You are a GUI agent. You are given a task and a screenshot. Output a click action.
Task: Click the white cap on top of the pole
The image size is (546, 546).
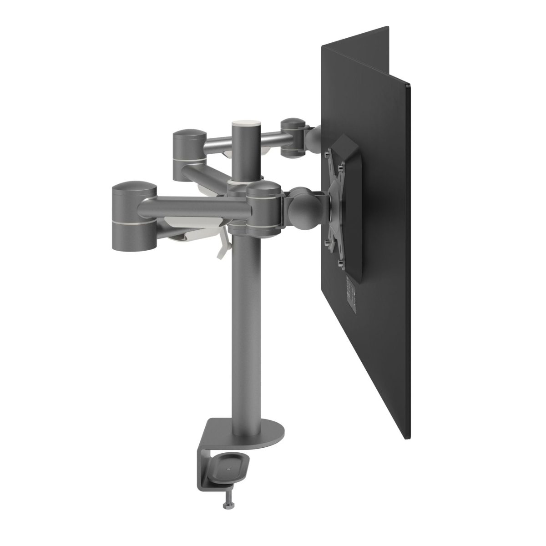pyautogui.click(x=246, y=123)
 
